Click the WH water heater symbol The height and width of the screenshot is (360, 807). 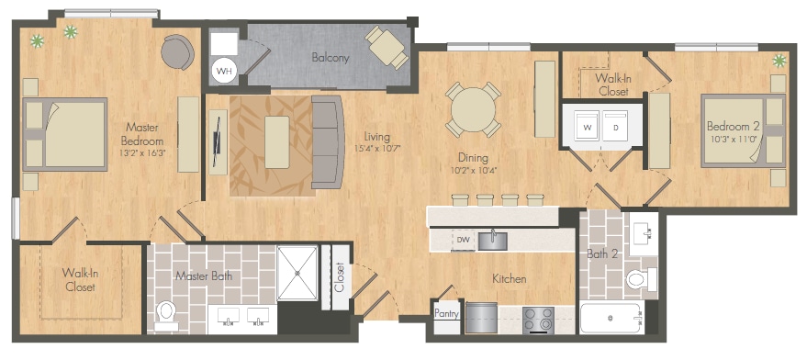click(x=224, y=71)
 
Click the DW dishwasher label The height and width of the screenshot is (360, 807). click(x=462, y=241)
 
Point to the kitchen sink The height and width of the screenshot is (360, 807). click(x=492, y=241)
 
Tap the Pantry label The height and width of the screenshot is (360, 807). click(x=446, y=313)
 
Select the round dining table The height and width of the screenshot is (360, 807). click(x=474, y=109)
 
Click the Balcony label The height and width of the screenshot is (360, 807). click(x=330, y=58)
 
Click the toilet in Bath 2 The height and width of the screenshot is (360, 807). click(x=641, y=280)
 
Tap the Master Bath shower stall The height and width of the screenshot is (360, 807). click(x=297, y=273)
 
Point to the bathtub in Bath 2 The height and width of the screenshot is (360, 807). click(x=611, y=319)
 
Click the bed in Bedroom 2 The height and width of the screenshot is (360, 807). click(x=743, y=130)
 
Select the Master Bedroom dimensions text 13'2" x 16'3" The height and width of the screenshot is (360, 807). click(x=142, y=152)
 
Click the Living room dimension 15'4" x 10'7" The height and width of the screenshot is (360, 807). click(x=376, y=149)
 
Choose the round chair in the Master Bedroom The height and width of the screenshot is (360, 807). click(x=177, y=51)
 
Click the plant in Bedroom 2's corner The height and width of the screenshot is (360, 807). click(x=779, y=62)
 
